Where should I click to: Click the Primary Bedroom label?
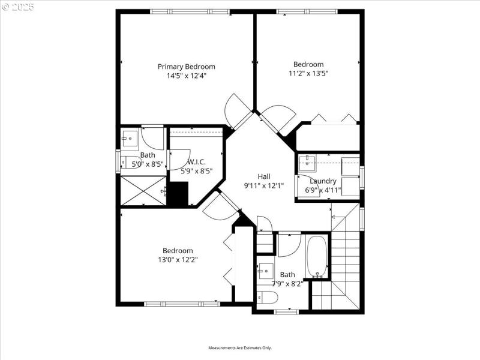[186, 67]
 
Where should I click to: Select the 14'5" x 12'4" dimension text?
[186, 76]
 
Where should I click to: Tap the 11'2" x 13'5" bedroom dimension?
[308, 73]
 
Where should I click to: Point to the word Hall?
[264, 176]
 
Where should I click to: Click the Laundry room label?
[323, 181]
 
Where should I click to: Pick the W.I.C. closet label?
[197, 162]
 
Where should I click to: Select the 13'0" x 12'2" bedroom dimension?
[178, 260]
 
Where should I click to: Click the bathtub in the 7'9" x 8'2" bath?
[317, 257]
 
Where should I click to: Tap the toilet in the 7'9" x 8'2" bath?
[266, 298]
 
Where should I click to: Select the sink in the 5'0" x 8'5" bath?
[130, 139]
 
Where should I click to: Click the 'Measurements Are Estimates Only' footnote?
[240, 348]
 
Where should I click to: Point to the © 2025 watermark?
[18, 7]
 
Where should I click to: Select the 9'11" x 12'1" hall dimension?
[264, 186]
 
